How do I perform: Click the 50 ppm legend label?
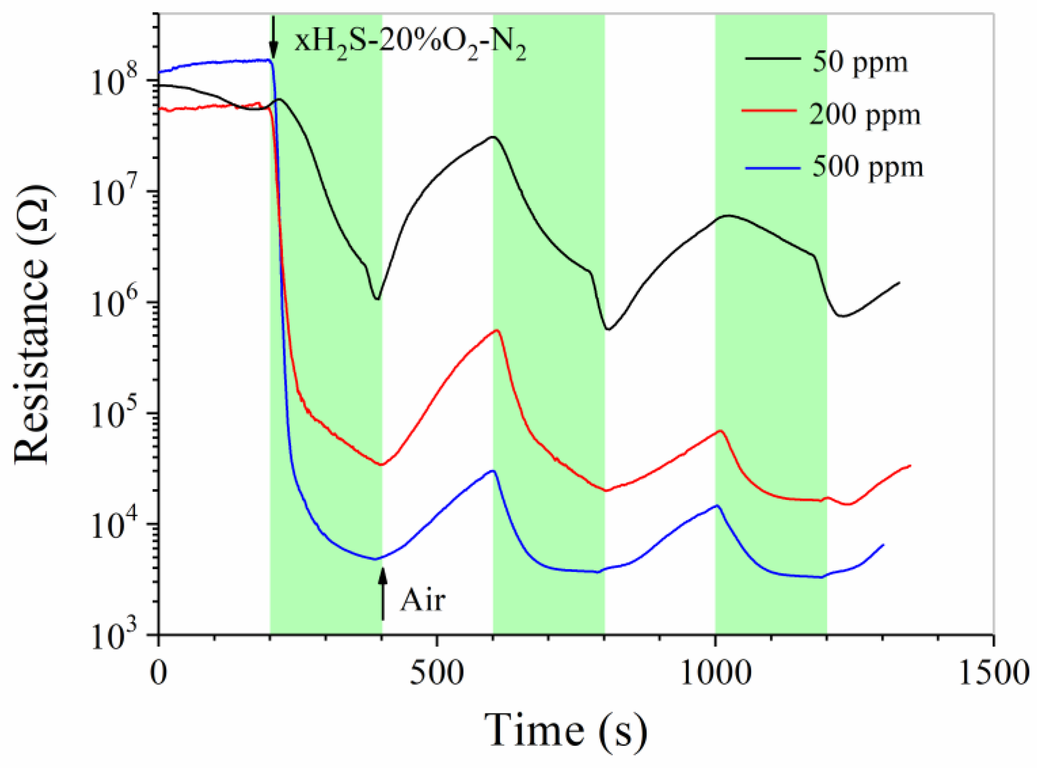coord(859,63)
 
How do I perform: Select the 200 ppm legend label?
coord(864,115)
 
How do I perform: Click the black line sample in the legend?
coord(773,59)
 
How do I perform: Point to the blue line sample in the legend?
coord(773,168)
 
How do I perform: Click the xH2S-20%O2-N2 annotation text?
coord(411,43)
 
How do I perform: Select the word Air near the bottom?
coord(423,600)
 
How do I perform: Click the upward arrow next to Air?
coord(383,595)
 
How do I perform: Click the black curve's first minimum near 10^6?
coord(377,299)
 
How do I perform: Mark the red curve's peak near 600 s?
coord(497,330)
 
